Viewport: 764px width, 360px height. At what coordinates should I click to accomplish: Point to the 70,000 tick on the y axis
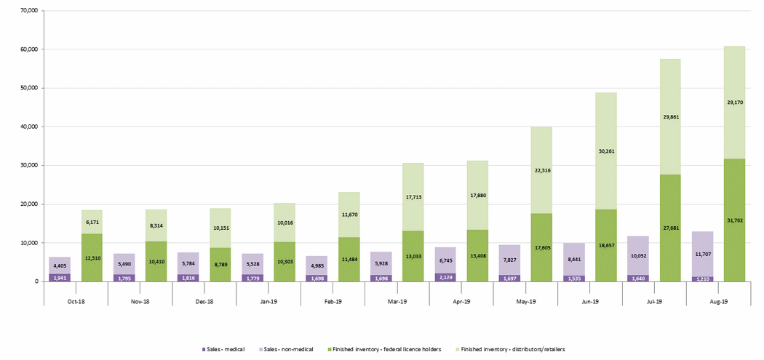[29, 12]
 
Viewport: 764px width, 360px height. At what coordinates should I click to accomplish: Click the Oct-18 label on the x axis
[76, 302]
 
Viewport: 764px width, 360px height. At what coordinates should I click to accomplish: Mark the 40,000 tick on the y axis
[29, 127]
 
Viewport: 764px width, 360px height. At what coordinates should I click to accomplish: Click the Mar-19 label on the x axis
[397, 302]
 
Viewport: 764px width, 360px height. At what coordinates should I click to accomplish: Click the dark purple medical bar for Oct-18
[60, 278]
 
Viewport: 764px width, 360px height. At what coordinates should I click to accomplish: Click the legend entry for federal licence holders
[385, 350]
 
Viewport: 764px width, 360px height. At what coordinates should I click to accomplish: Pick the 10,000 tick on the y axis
[29, 243]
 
